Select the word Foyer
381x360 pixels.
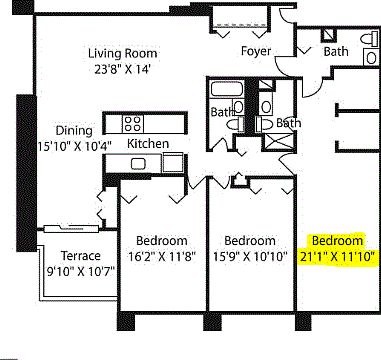tap(256, 51)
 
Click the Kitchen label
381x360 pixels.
tap(148, 143)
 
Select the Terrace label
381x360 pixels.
tap(80, 255)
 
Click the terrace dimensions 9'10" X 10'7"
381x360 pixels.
tap(81, 269)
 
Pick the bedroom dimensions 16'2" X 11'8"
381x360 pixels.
tap(162, 256)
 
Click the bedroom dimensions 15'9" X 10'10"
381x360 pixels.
tap(249, 256)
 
